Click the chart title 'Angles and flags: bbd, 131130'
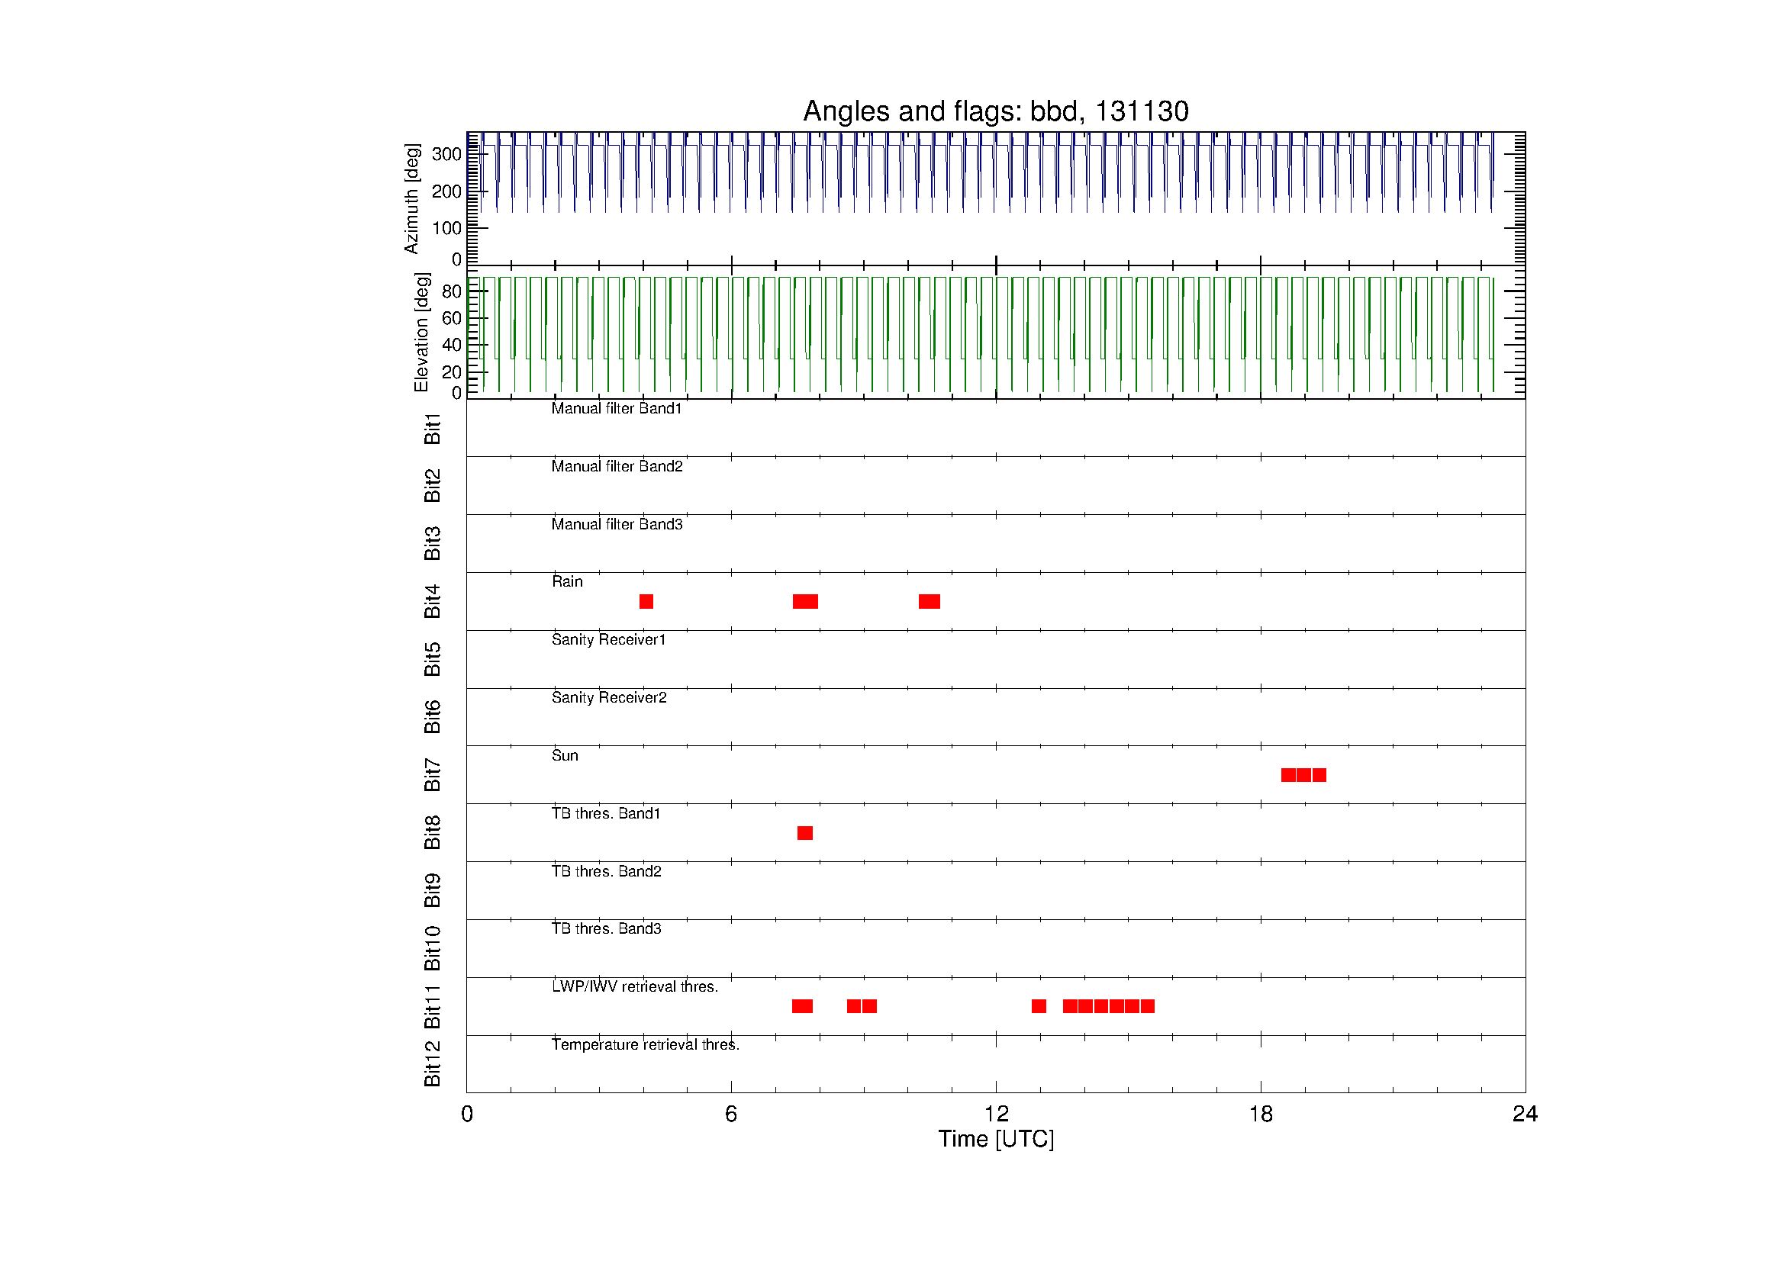[995, 111]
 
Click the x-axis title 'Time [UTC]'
[996, 1139]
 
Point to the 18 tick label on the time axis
[1260, 1115]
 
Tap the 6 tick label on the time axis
[731, 1115]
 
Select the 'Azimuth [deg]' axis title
[411, 198]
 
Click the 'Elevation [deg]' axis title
[421, 332]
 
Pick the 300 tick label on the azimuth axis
[446, 154]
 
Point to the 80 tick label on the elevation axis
[452, 291]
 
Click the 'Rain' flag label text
[567, 581]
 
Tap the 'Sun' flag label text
[565, 755]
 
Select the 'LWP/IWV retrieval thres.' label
[634, 986]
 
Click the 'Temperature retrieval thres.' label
[646, 1044]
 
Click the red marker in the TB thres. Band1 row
[804, 833]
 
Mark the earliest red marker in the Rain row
[646, 601]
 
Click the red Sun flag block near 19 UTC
[1303, 774]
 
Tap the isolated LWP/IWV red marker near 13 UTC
[1039, 1006]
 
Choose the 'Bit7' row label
[432, 774]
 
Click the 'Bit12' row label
[432, 1063]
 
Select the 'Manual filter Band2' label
[617, 466]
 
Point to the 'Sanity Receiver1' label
[609, 639]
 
